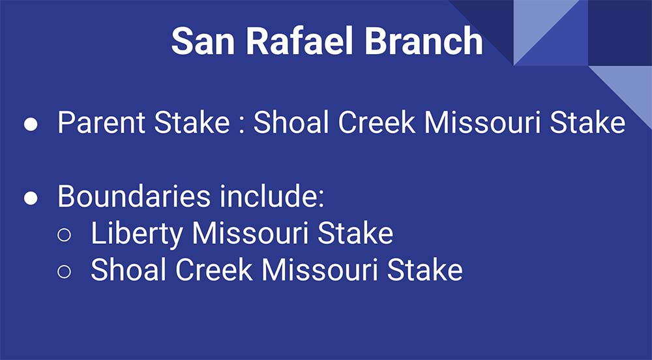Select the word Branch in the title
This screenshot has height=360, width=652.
pyautogui.click(x=424, y=40)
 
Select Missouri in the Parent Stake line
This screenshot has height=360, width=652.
pyautogui.click(x=482, y=122)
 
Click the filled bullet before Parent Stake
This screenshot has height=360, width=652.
pyautogui.click(x=31, y=125)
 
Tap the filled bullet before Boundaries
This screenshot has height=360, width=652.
pyautogui.click(x=31, y=198)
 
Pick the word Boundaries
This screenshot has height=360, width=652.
pyautogui.click(x=134, y=196)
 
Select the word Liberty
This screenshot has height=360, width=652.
pyautogui.click(x=137, y=233)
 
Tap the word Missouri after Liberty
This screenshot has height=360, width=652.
pyautogui.click(x=250, y=233)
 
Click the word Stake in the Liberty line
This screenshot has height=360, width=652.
pyautogui.click(x=355, y=233)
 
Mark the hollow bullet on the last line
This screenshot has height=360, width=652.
pyautogui.click(x=64, y=271)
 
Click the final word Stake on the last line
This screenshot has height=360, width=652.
pyautogui.click(x=425, y=269)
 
